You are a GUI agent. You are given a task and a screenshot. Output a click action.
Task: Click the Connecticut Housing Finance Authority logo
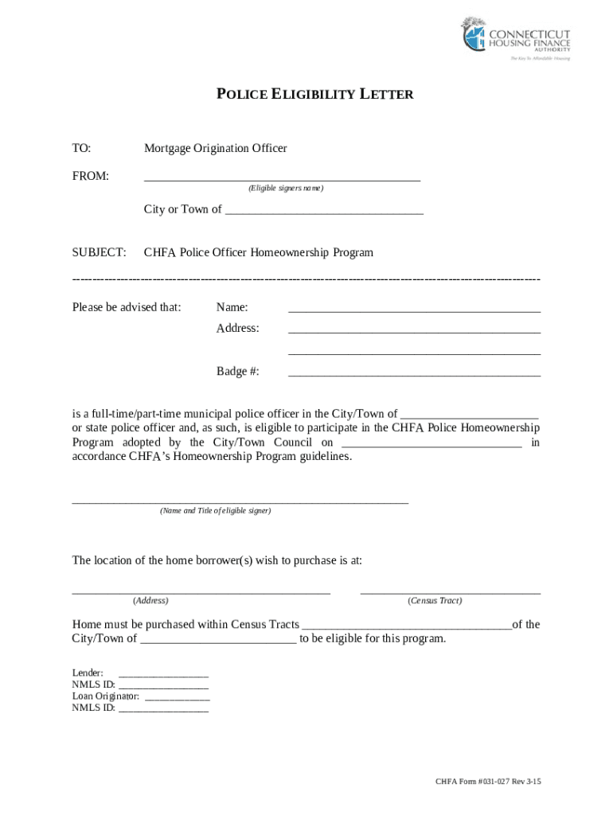(x=516, y=40)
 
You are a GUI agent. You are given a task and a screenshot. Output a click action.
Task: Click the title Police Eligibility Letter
(x=315, y=95)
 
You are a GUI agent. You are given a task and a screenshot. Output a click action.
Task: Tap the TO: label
(x=82, y=148)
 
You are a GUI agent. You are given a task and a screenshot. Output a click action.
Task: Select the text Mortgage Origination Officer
(x=215, y=148)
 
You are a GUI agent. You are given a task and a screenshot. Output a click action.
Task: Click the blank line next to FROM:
(x=282, y=177)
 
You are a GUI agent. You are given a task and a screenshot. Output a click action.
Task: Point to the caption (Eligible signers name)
(x=285, y=189)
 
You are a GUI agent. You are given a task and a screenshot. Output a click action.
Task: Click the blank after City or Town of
(x=324, y=211)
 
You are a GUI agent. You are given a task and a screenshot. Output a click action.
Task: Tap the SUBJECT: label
(x=99, y=252)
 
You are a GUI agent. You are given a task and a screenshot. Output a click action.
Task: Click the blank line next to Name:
(x=414, y=309)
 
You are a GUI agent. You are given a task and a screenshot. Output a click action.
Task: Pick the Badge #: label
(x=237, y=371)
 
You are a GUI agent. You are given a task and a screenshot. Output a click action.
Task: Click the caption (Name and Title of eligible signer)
(x=215, y=511)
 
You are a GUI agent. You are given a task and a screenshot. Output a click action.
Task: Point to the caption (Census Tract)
(x=434, y=601)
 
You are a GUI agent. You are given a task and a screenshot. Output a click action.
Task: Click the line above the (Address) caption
(x=201, y=591)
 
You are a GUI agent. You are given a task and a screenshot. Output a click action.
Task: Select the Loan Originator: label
(x=105, y=696)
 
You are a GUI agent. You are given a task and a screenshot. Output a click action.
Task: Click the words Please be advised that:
(x=127, y=307)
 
